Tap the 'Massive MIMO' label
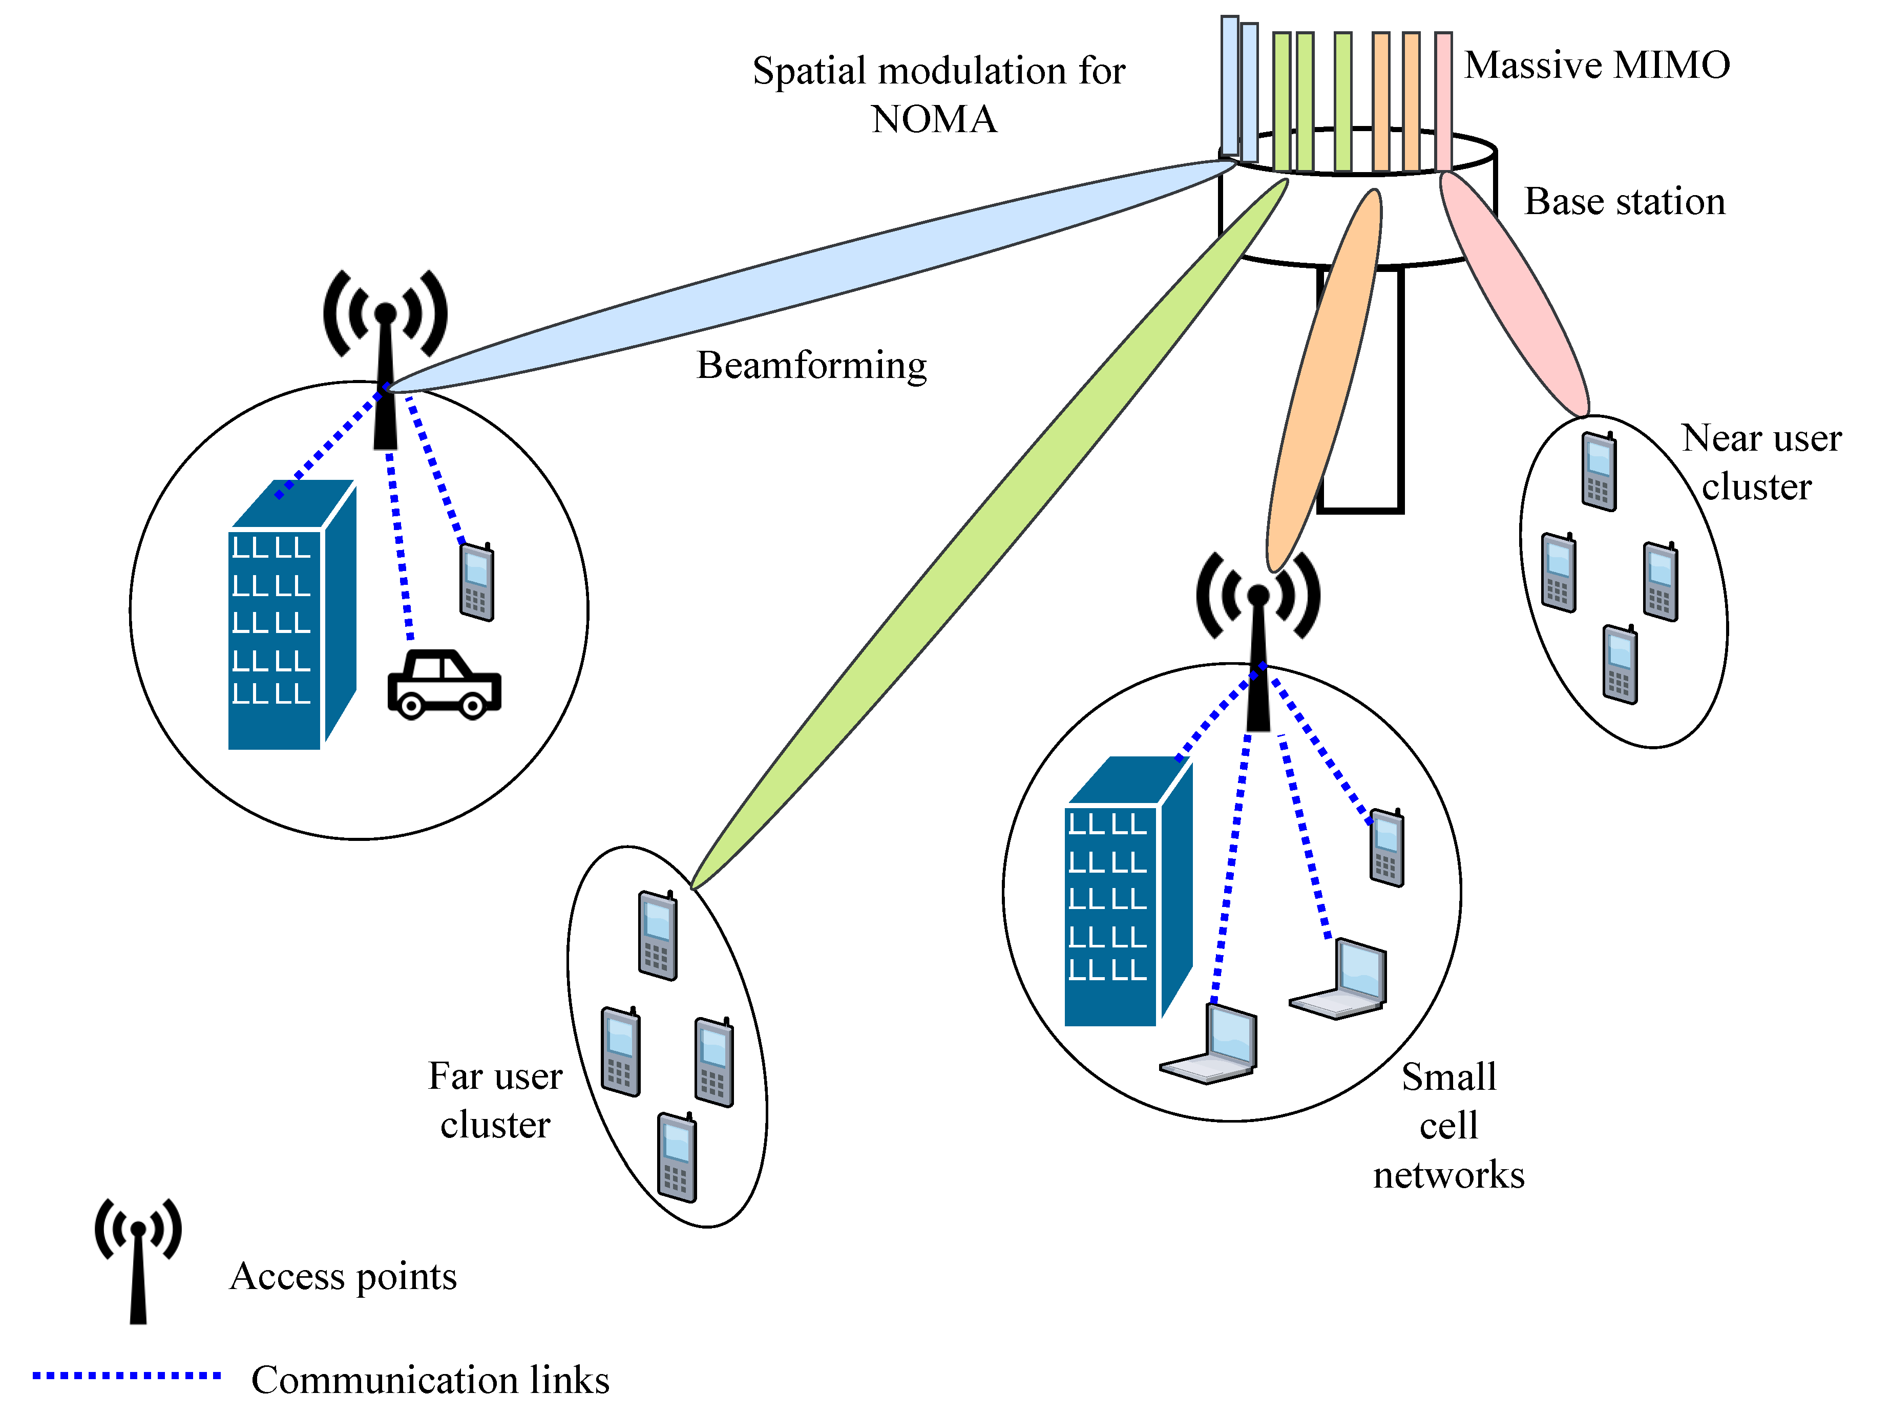coord(1597,65)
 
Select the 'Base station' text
coord(1624,202)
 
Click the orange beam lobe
coord(1323,381)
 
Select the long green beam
coord(989,534)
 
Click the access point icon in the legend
coord(138,1260)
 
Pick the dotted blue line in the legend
coord(127,1376)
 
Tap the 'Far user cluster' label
coord(495,1101)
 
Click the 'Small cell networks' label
coord(1449,1125)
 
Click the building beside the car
coord(291,615)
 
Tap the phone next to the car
coord(477,581)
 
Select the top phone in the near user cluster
coord(1598,471)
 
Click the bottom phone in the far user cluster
coord(677,1157)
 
